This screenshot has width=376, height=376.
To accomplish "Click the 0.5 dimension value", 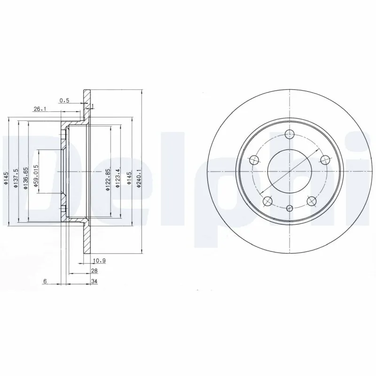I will pos(65,100).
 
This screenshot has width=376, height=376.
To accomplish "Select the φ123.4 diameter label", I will pos(119,177).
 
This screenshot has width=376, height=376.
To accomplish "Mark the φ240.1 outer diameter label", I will pos(139,179).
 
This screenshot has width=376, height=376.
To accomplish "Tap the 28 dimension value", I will pos(94,271).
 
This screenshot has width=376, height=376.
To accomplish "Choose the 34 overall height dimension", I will pos(94,282).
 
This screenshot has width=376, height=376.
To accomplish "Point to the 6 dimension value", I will pos(45,282).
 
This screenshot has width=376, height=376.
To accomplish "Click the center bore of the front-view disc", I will pos(290,172).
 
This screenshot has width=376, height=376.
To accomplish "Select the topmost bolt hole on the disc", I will pos(290,134).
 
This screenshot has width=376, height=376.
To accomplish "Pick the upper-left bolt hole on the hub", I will pos(254,159).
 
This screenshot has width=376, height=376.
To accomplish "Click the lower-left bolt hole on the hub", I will pos(268,201).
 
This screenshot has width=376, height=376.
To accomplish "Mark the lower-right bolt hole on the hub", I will pos(312,201).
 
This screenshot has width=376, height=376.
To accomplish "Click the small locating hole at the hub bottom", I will pos(290,208).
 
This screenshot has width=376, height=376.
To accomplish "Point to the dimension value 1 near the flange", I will pos(93,106).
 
